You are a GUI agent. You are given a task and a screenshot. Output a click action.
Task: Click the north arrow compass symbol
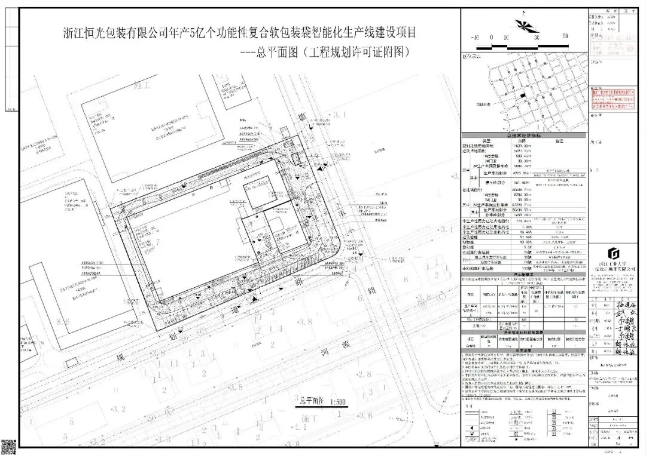522,25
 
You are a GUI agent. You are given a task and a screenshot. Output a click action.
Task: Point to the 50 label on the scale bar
565,36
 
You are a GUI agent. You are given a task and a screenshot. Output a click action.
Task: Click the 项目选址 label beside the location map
483,104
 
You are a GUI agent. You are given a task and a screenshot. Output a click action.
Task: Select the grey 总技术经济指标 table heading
523,136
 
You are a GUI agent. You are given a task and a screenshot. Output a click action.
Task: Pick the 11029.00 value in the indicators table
517,146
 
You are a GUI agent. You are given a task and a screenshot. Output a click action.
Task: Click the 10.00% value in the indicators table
517,243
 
